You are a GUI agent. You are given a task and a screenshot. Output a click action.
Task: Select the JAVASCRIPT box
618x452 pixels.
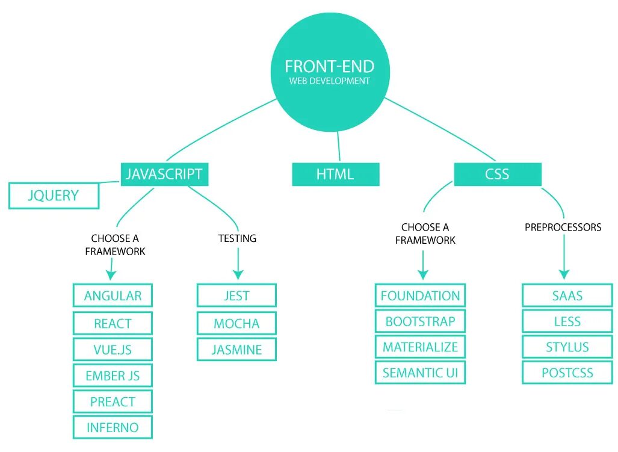164,175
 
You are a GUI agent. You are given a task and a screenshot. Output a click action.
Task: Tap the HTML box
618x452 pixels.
335,175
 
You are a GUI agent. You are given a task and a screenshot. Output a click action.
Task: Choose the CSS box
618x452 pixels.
498,175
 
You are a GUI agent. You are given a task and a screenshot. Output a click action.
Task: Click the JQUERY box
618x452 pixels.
54,196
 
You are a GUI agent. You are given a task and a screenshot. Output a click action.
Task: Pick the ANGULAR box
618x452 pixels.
113,296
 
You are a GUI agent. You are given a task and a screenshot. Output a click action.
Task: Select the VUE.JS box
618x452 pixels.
113,350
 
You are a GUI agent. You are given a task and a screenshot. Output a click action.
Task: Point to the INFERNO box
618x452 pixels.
113,428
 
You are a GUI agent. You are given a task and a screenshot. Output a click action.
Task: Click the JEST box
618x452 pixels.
236,296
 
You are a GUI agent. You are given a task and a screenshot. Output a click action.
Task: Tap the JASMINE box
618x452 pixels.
236,350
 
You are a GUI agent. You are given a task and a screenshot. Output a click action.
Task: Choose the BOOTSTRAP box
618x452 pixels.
420,321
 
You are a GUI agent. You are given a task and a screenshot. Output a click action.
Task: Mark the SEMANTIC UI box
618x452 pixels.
420,373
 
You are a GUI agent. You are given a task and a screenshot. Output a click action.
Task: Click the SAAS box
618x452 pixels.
567,296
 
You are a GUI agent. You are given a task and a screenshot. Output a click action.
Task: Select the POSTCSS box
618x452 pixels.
567,373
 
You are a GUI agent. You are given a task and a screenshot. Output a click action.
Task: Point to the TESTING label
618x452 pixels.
237,238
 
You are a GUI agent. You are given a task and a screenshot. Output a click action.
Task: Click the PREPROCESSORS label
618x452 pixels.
563,228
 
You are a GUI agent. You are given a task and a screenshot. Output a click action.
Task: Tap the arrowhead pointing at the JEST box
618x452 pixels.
238,274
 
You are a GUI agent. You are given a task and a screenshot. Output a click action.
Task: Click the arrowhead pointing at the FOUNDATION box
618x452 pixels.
422,274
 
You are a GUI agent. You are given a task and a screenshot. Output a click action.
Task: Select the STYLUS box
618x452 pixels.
567,347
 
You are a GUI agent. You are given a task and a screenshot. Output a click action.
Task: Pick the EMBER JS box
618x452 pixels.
113,376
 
